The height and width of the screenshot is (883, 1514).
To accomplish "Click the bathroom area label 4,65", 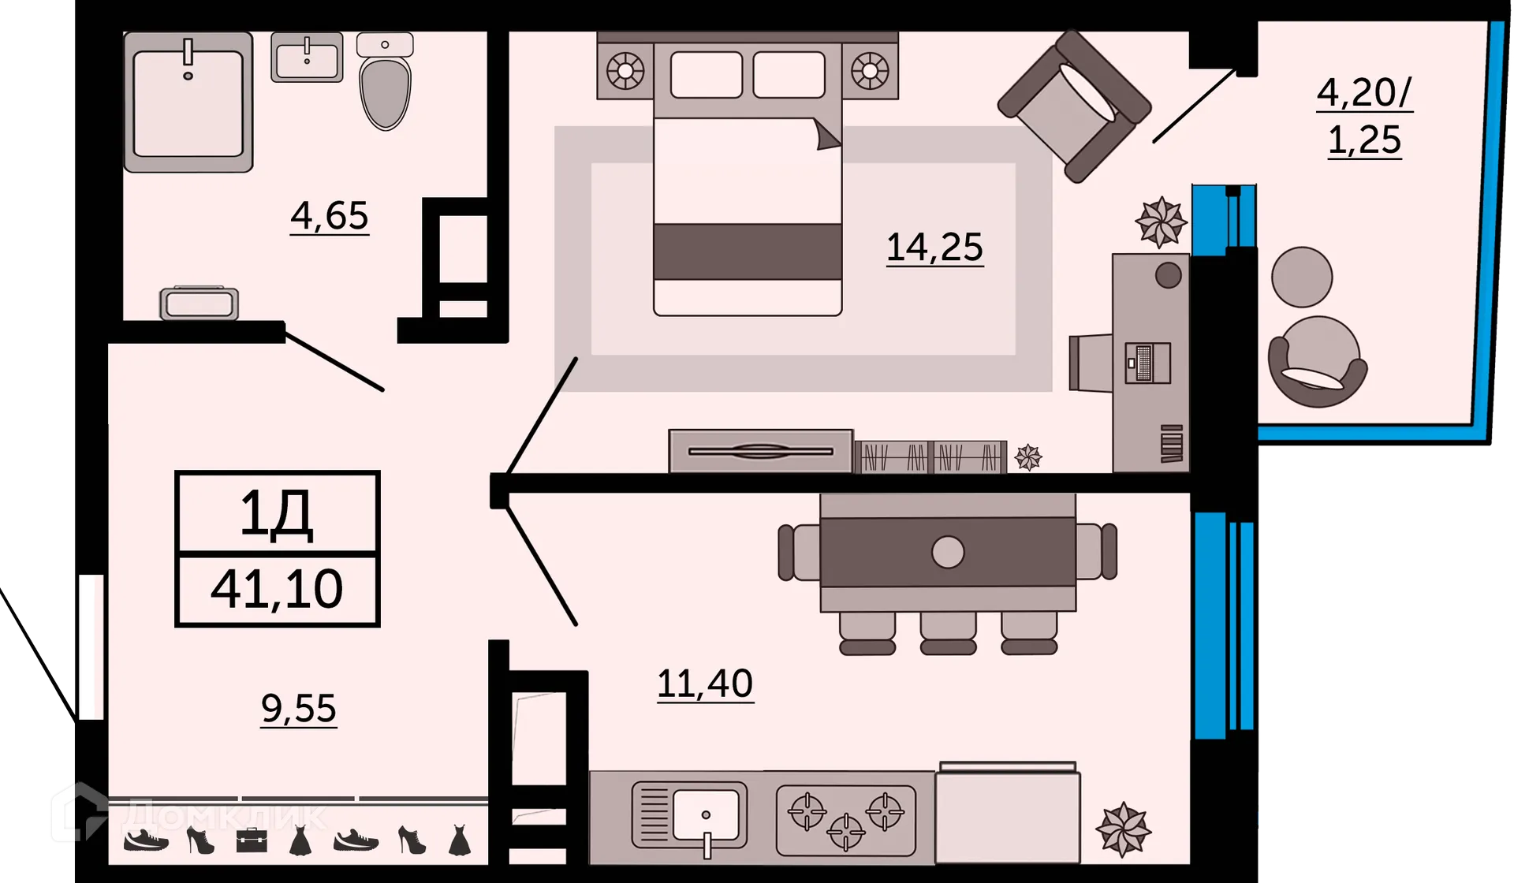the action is click(x=330, y=216).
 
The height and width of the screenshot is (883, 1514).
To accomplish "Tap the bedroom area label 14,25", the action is click(x=935, y=248).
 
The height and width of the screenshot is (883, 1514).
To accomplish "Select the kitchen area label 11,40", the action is click(x=705, y=684).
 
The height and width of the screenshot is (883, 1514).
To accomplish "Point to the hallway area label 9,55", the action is click(x=299, y=708).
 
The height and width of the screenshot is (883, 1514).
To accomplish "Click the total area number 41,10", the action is click(x=277, y=589).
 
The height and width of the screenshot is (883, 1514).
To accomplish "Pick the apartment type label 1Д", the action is click(x=277, y=515).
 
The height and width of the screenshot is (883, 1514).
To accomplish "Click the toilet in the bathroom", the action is click(x=385, y=80).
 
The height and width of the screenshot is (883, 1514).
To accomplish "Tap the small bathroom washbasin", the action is click(x=307, y=57).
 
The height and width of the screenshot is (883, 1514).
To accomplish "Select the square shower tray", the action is click(x=188, y=102).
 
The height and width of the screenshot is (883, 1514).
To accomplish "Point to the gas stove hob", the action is click(x=845, y=820).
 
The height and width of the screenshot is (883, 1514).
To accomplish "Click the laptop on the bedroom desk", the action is click(x=1147, y=363).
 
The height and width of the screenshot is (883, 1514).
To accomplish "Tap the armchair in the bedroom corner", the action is click(x=1074, y=106).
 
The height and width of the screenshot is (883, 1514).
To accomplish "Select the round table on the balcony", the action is click(x=1302, y=277).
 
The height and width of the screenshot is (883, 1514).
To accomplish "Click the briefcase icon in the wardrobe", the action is click(x=252, y=840).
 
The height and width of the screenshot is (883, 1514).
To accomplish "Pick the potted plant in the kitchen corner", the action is click(x=1124, y=829).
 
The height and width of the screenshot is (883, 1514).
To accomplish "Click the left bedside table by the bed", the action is click(x=625, y=71).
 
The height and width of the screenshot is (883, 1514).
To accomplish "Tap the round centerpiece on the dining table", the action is click(x=948, y=552).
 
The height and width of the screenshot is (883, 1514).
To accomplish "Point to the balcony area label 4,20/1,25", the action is click(x=1365, y=117).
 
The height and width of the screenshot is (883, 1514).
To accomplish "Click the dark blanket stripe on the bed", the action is click(x=748, y=251).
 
